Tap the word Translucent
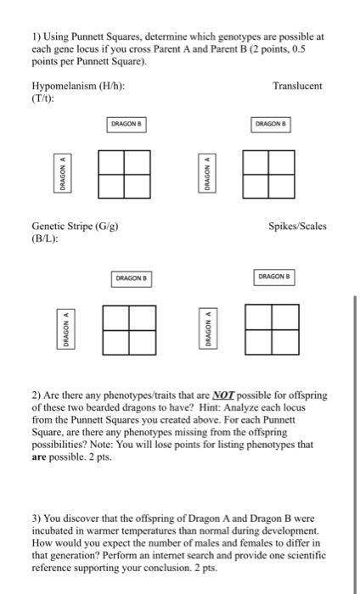click(297, 87)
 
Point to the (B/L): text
click(44, 238)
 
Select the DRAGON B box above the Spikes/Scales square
click(273, 277)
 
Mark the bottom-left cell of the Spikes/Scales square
click(260, 341)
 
